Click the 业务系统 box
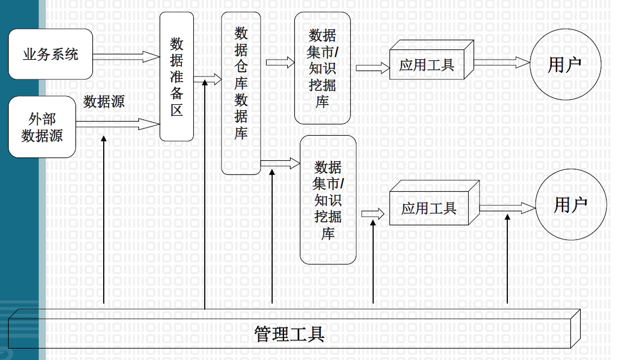tap(51, 54)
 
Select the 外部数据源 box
tap(42, 127)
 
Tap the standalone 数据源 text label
tap(104, 102)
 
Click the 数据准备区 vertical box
tap(177, 77)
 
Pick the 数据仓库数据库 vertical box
tap(241, 93)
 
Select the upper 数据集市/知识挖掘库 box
tap(322, 68)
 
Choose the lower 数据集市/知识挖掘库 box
tap(328, 200)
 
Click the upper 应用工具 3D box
tap(431, 60)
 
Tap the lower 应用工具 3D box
tap(434, 203)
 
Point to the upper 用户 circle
tap(565, 65)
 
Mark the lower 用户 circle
tap(571, 205)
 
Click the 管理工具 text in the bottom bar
tap(289, 334)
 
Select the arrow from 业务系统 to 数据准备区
tap(127, 56)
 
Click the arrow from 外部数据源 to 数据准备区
tap(118, 124)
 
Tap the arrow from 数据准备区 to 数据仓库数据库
tap(208, 79)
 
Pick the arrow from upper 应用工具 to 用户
tap(502, 62)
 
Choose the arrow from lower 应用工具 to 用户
tap(508, 208)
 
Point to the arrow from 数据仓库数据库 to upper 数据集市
tap(280, 62)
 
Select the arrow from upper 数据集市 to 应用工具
tap(373, 68)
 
